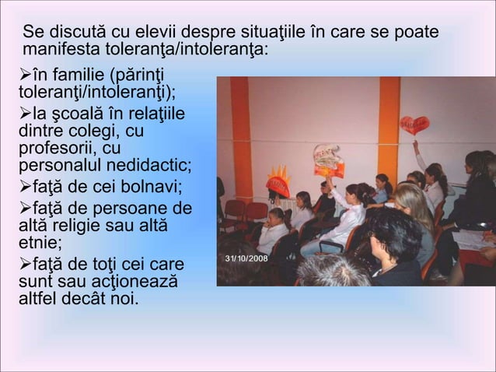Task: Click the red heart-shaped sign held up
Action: point(414,125)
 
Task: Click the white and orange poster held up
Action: point(328,160)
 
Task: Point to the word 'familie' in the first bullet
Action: point(77,76)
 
